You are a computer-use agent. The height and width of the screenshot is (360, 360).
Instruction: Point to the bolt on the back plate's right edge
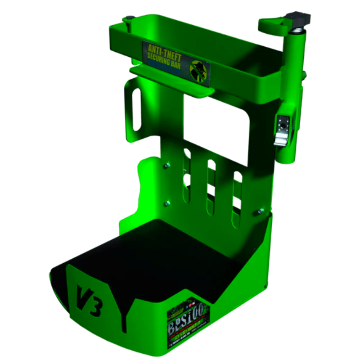[260, 210]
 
